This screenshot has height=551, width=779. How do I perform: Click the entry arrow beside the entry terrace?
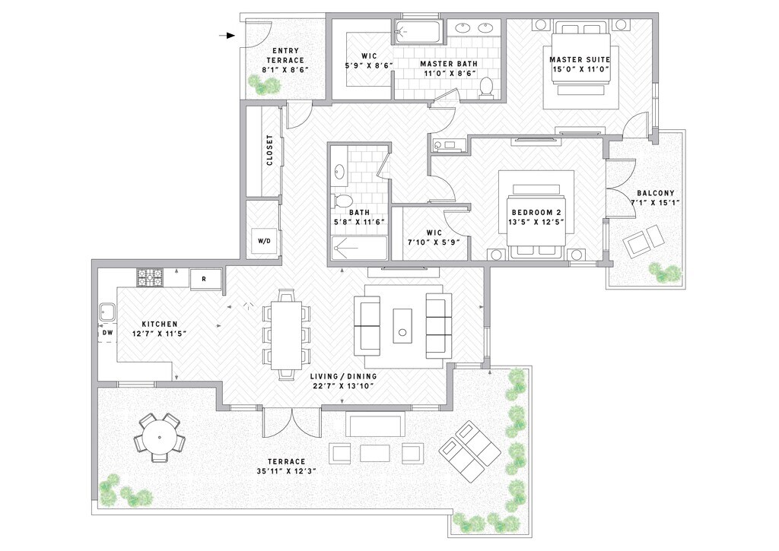pyautogui.click(x=227, y=36)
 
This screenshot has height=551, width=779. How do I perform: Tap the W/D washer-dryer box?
pyautogui.click(x=264, y=241)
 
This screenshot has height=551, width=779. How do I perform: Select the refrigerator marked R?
pyautogui.click(x=204, y=278)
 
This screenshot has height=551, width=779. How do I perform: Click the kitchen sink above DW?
pyautogui.click(x=107, y=312)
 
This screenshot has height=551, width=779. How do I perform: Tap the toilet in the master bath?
pyautogui.click(x=487, y=88)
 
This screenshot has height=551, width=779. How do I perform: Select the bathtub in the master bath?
pyautogui.click(x=418, y=32)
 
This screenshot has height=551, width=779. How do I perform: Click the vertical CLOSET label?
pyautogui.click(x=269, y=150)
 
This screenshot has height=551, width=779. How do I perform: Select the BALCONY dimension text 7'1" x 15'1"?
pyautogui.click(x=655, y=203)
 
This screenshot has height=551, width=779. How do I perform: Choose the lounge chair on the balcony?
pyautogui.click(x=644, y=242)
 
